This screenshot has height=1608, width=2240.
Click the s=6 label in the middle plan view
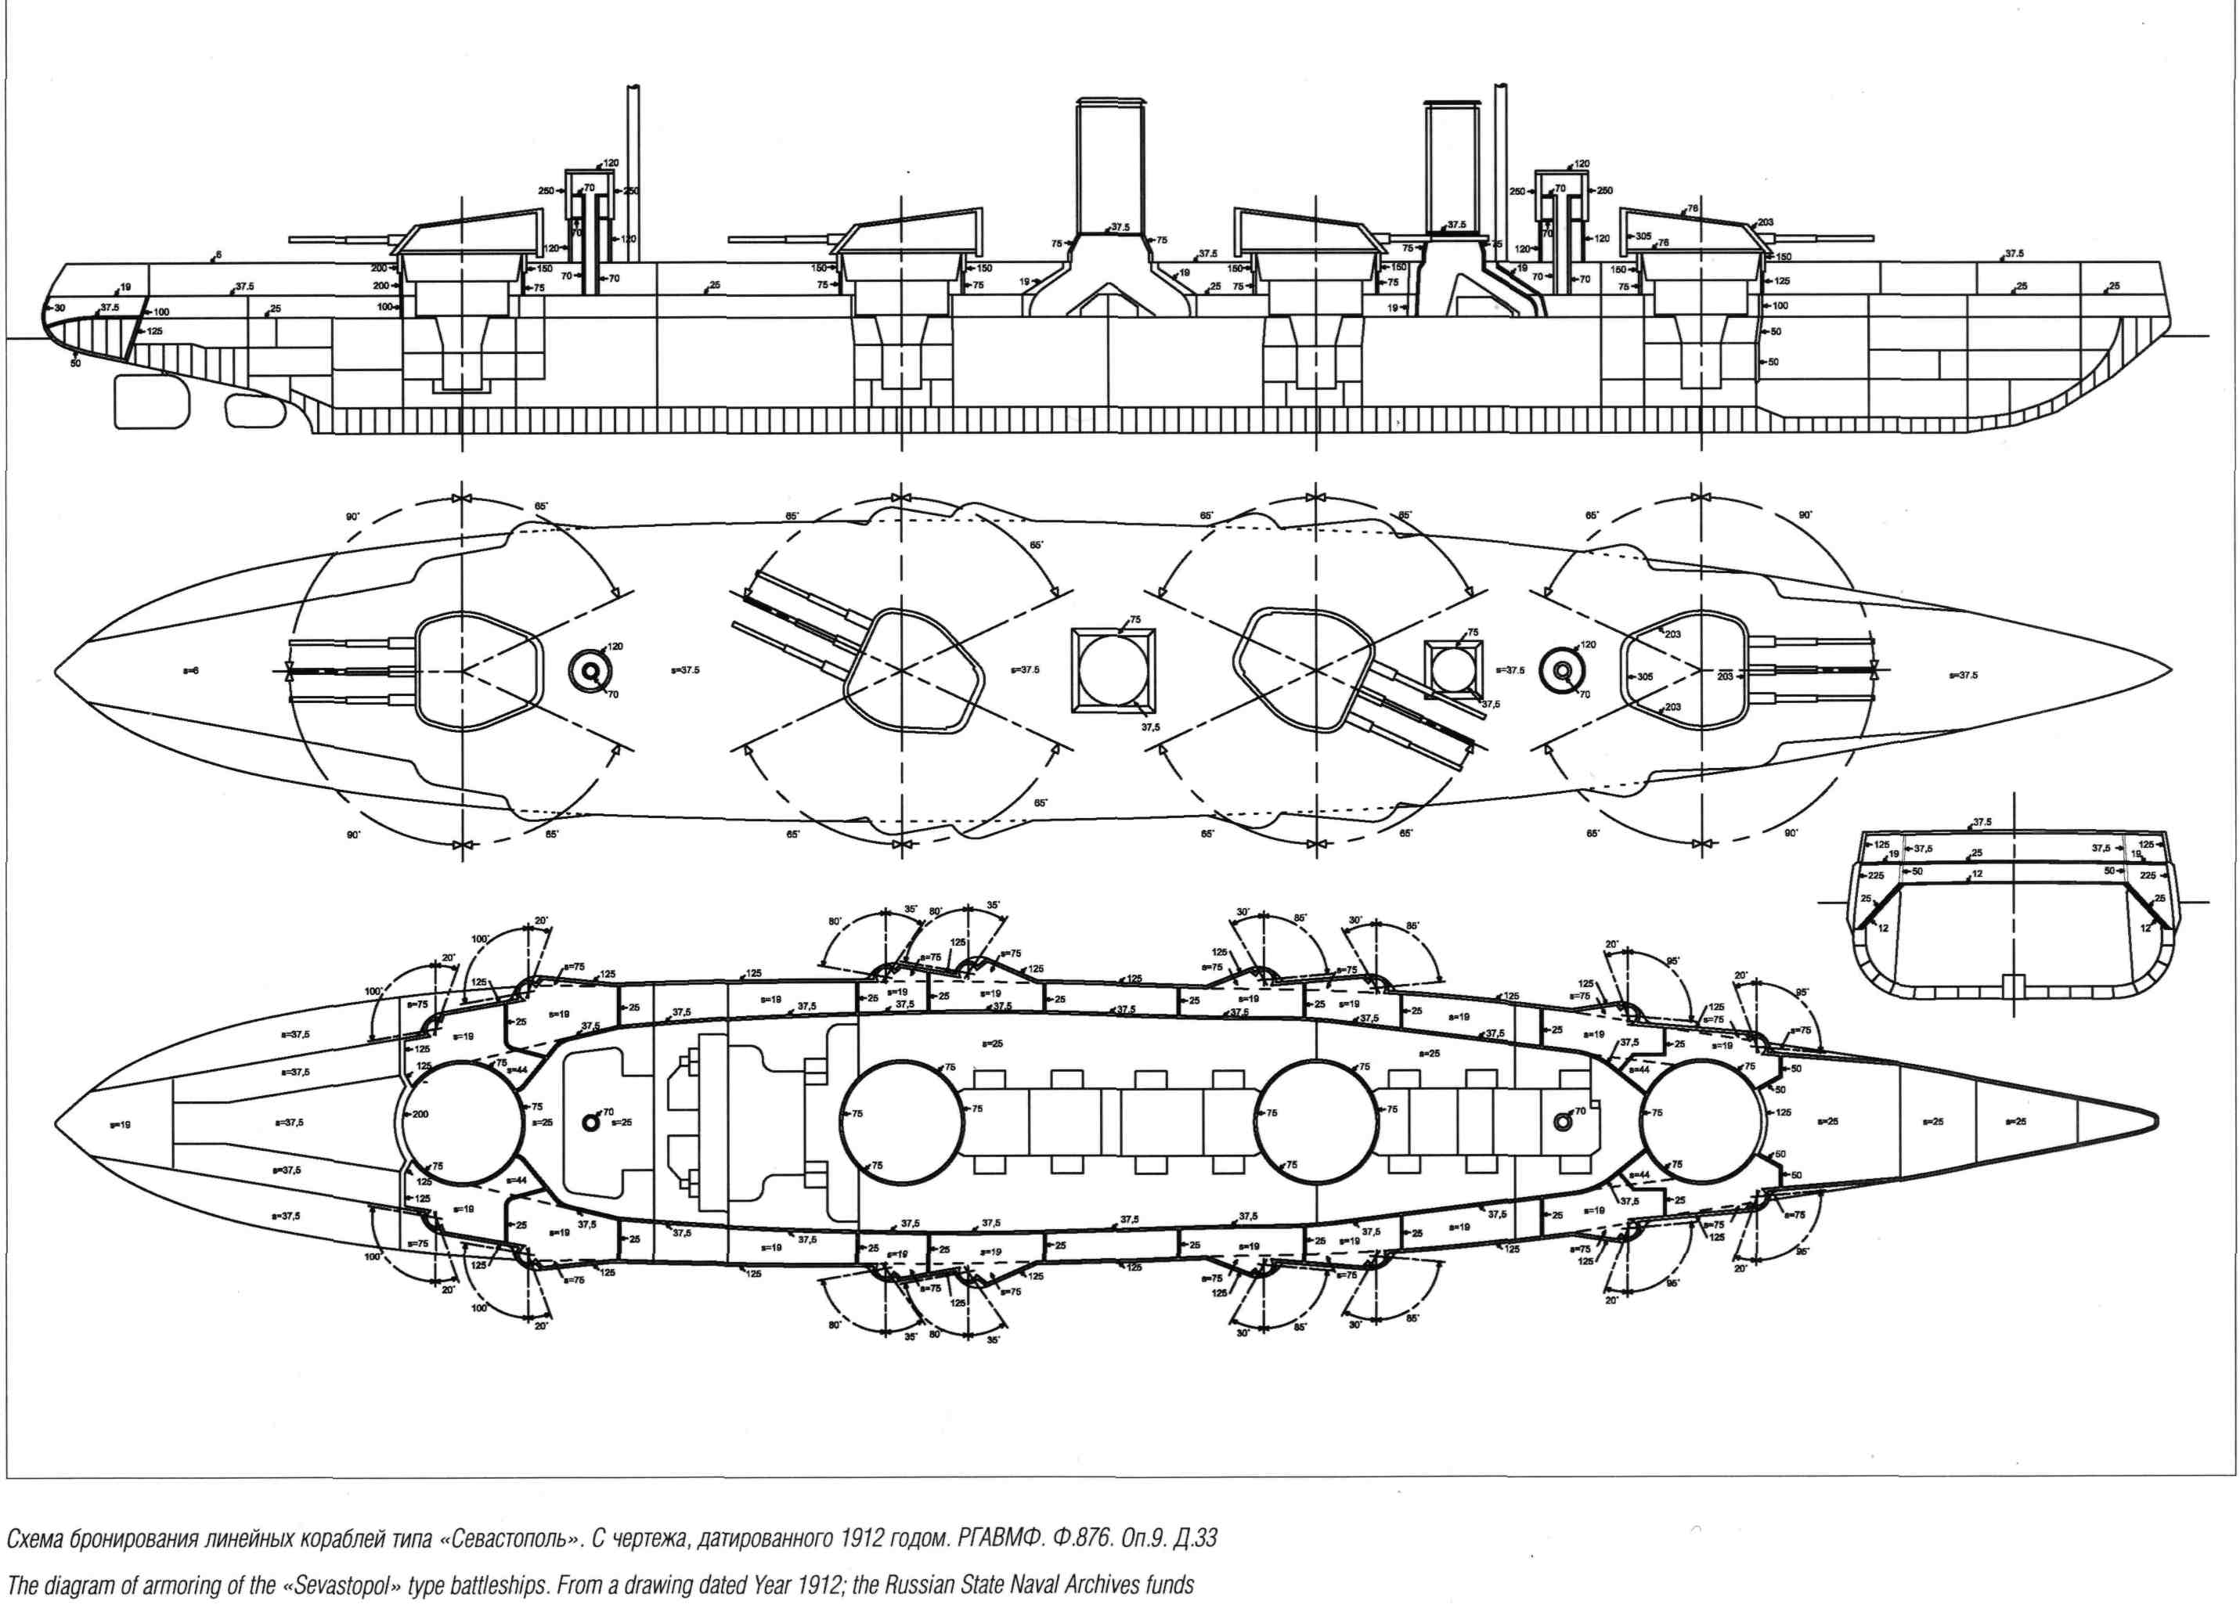(192, 671)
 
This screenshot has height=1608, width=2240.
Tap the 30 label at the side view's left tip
(60, 308)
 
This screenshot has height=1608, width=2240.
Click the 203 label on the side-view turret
(1766, 222)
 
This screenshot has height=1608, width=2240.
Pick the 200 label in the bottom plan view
(420, 1114)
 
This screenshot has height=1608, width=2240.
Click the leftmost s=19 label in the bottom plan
(121, 1125)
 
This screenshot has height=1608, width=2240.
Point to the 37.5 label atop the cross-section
(1981, 822)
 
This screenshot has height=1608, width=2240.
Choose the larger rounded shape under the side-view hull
(153, 401)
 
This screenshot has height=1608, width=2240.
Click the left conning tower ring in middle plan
(590, 669)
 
